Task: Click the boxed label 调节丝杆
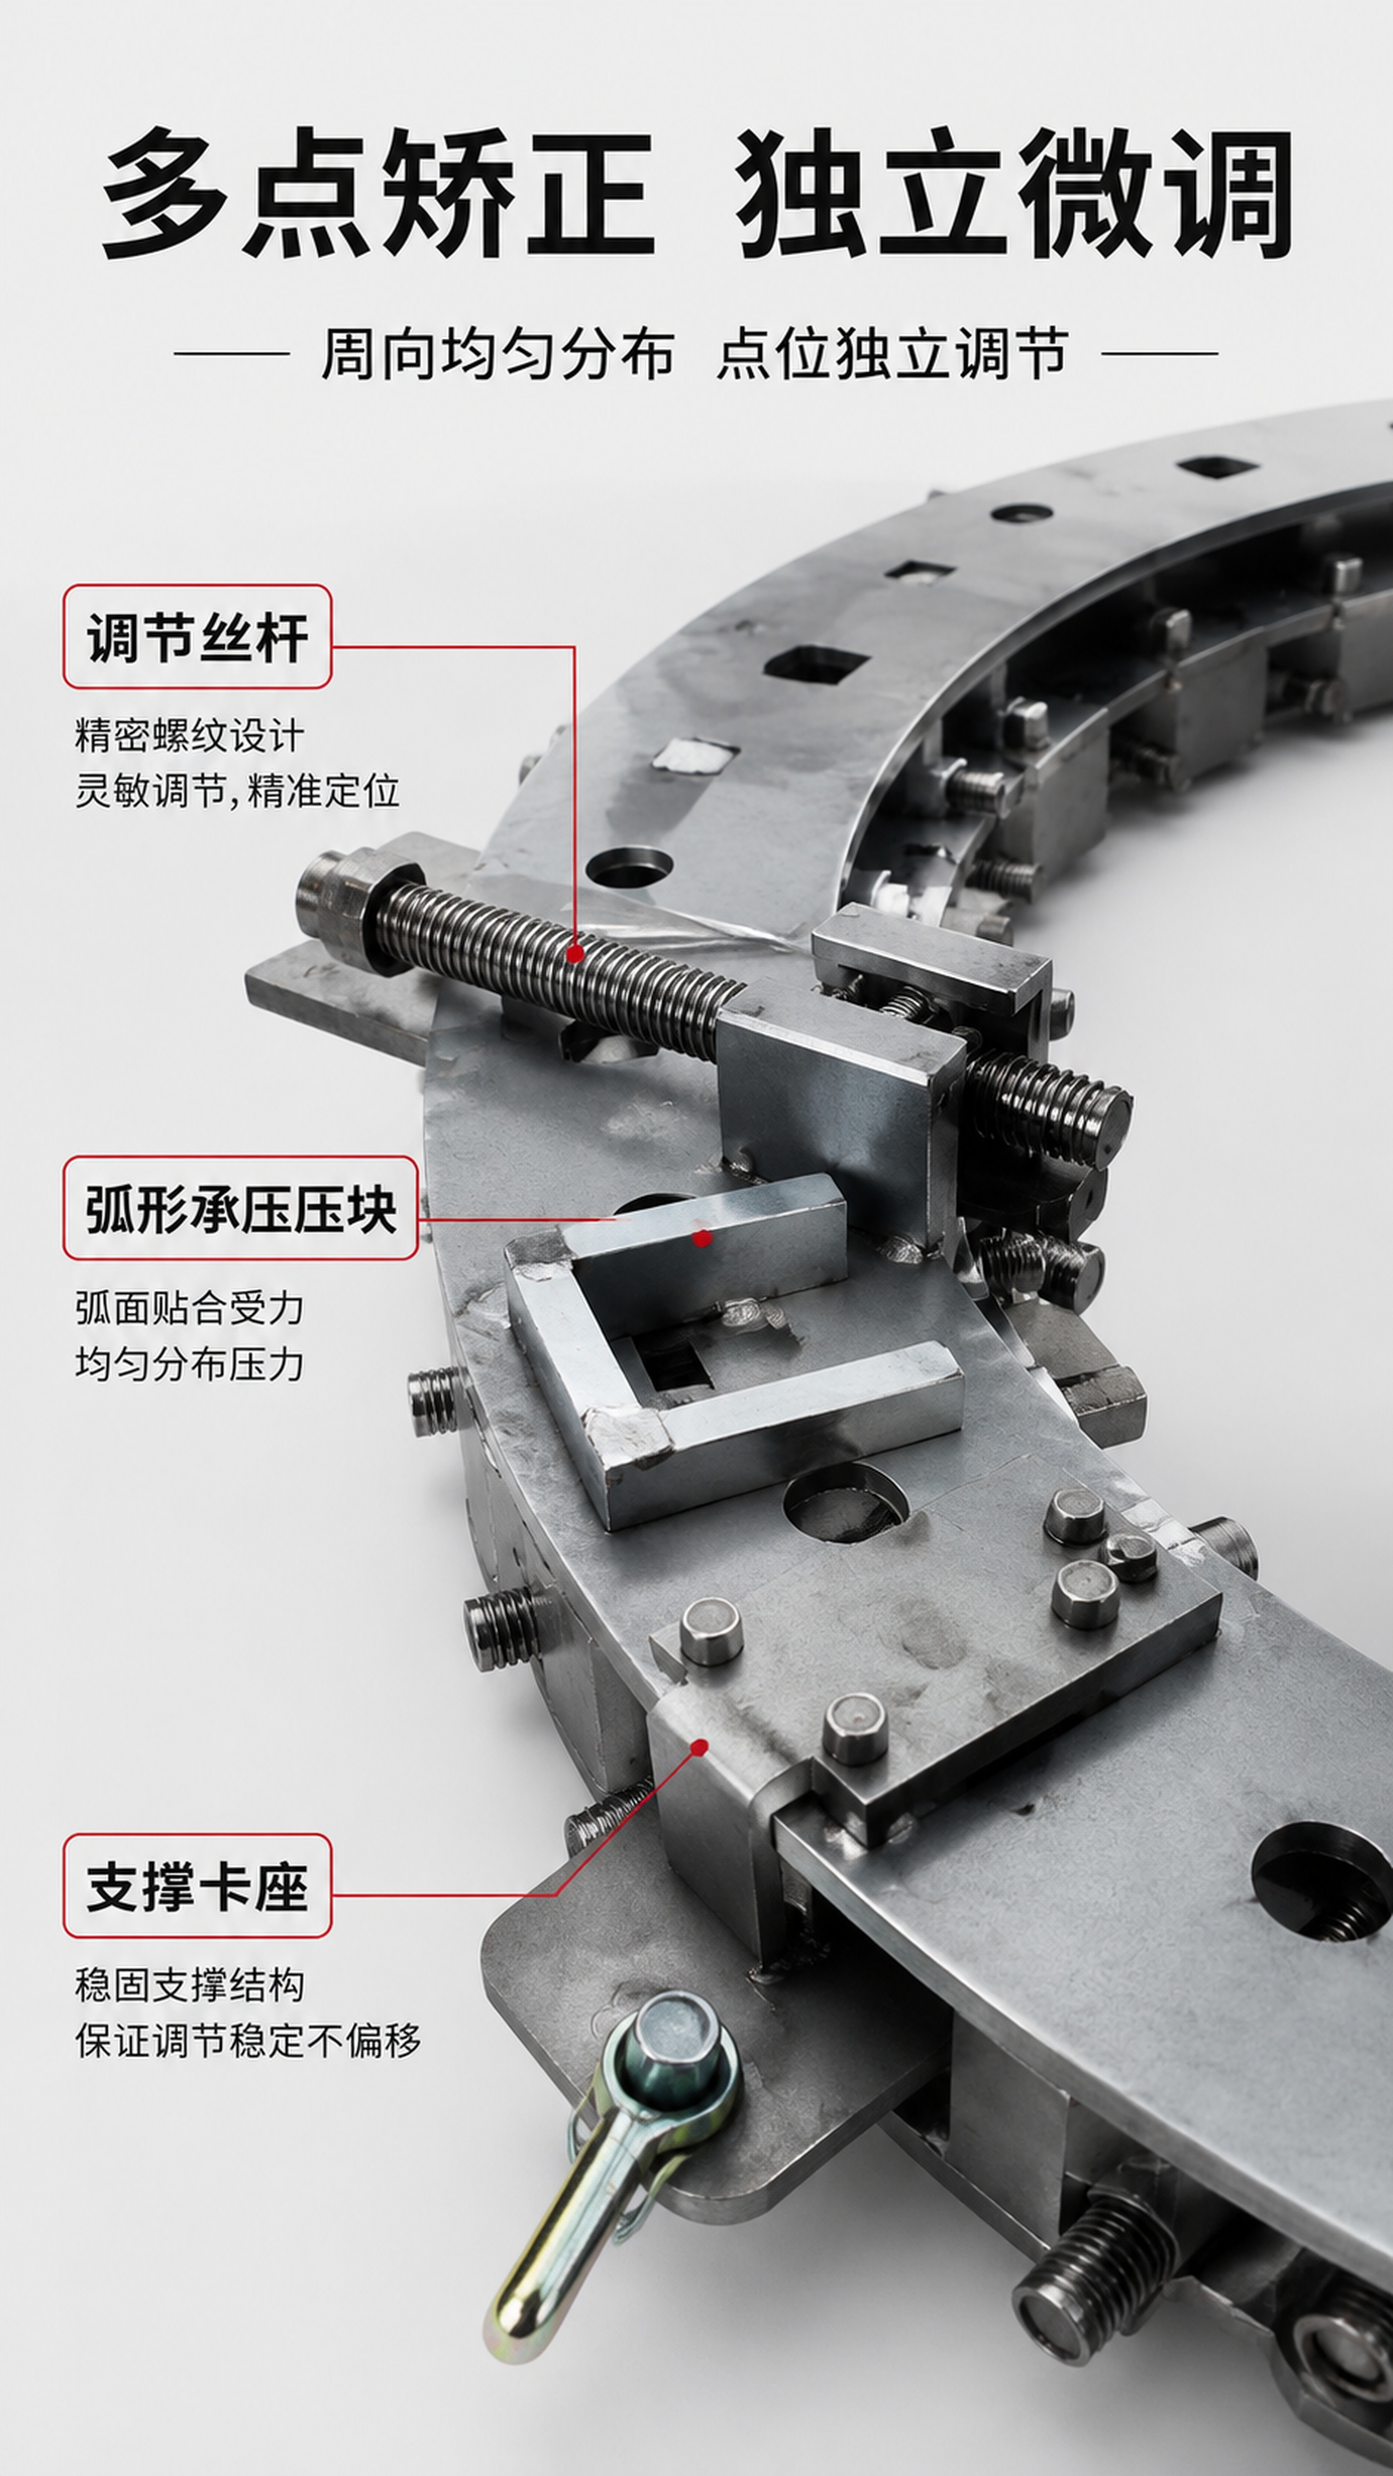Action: pyautogui.click(x=197, y=636)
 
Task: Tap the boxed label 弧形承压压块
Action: pyautogui.click(x=241, y=1208)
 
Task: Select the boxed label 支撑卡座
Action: pyautogui.click(x=197, y=1886)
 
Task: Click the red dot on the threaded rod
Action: pyautogui.click(x=575, y=954)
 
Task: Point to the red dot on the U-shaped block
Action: pyautogui.click(x=703, y=1238)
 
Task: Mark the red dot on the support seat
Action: pyautogui.click(x=701, y=1747)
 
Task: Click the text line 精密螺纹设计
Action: pyautogui.click(x=190, y=736)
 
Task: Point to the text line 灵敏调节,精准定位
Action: pyautogui.click(x=237, y=792)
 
